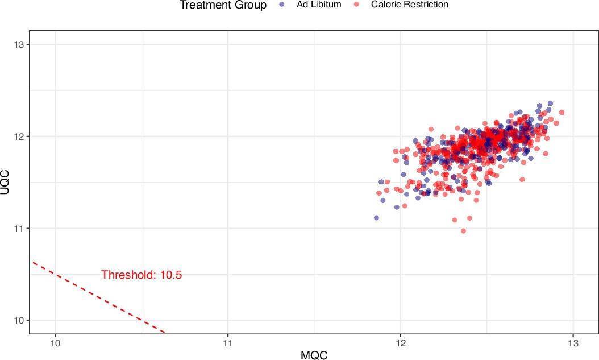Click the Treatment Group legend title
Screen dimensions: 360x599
223,5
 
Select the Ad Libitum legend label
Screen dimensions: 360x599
318,5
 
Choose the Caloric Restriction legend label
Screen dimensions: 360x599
409,5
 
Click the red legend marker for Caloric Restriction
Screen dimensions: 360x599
357,5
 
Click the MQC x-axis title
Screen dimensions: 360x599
314,354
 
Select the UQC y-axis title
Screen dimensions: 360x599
6,182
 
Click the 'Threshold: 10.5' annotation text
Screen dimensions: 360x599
142,275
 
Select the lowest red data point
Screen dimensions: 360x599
463,231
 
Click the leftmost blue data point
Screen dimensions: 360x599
376,218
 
